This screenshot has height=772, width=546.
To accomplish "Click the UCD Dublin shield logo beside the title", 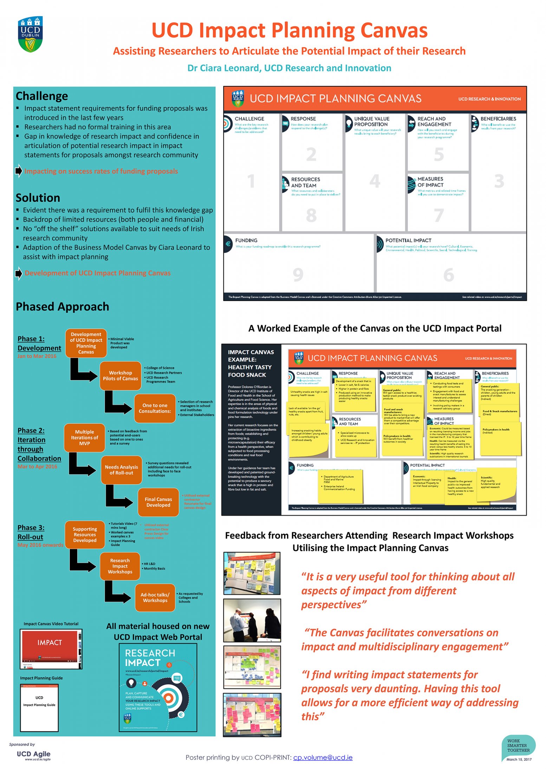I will (31, 34).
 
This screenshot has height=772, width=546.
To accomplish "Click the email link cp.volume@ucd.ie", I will (323, 757).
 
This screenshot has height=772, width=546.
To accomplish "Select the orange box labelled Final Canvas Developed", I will (158, 502).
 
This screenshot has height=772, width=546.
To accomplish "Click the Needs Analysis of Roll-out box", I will (121, 470).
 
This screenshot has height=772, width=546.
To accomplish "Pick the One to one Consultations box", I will (155, 408).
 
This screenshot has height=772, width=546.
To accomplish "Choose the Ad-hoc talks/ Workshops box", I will (155, 598).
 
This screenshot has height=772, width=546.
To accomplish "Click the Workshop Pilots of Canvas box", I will (120, 375).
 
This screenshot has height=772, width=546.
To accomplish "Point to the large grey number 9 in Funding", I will (298, 275).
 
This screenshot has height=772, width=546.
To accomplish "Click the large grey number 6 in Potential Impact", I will (449, 275).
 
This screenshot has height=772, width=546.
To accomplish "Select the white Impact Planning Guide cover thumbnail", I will (39, 707).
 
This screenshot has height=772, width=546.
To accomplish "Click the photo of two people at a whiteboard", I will (252, 620).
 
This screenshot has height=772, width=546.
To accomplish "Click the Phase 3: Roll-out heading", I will (31, 532).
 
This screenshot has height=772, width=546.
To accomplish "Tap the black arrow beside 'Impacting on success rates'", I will (19, 171).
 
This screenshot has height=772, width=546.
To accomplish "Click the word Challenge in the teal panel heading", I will (42, 96).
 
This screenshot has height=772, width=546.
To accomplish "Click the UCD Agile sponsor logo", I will (34, 754).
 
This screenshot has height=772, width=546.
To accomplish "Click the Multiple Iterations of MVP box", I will (84, 438).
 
